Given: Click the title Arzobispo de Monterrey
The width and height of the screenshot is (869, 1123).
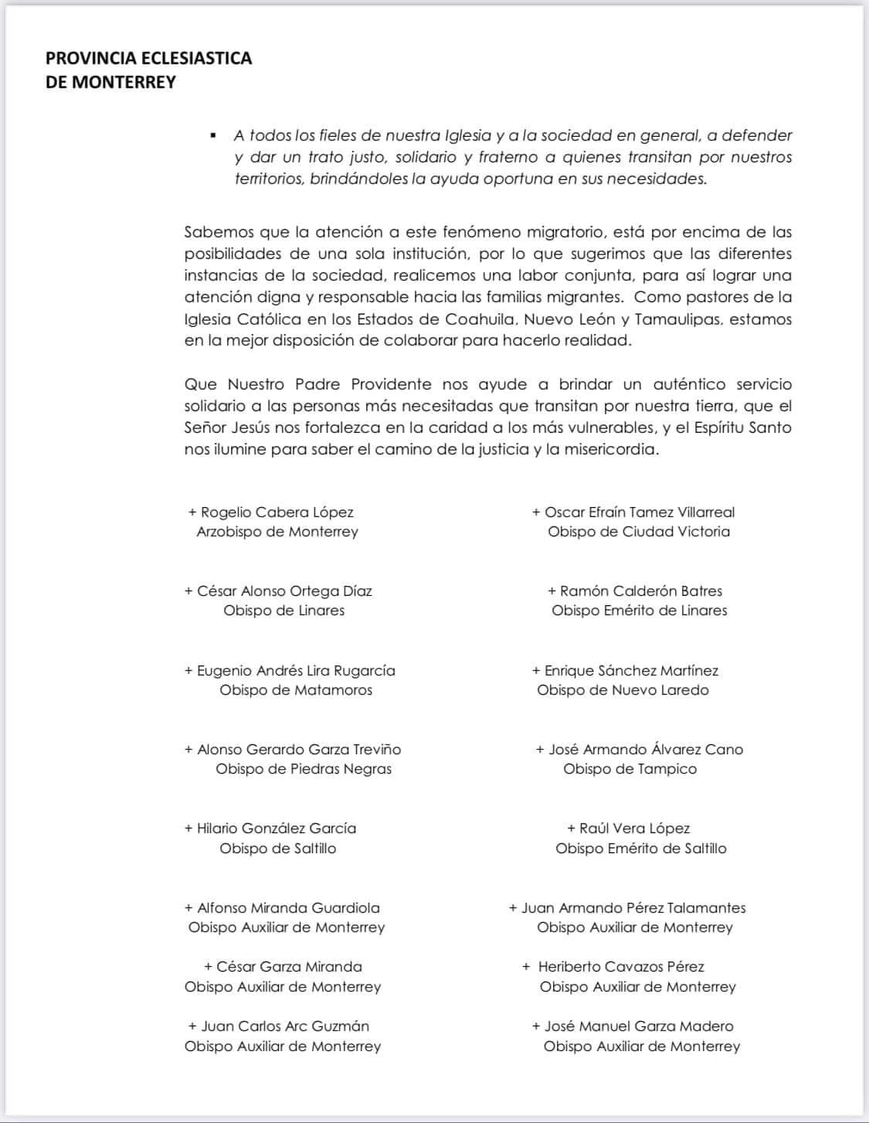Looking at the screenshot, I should (277, 532).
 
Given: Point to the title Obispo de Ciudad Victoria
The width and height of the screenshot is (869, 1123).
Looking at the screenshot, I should (639, 532).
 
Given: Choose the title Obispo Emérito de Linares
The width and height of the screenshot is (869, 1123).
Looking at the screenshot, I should (640, 611).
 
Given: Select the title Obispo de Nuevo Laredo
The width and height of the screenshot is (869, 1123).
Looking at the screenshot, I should (623, 690).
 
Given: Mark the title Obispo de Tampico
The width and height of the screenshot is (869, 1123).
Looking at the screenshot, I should (630, 769).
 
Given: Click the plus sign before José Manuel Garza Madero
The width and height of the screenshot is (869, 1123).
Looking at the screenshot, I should (536, 1026).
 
